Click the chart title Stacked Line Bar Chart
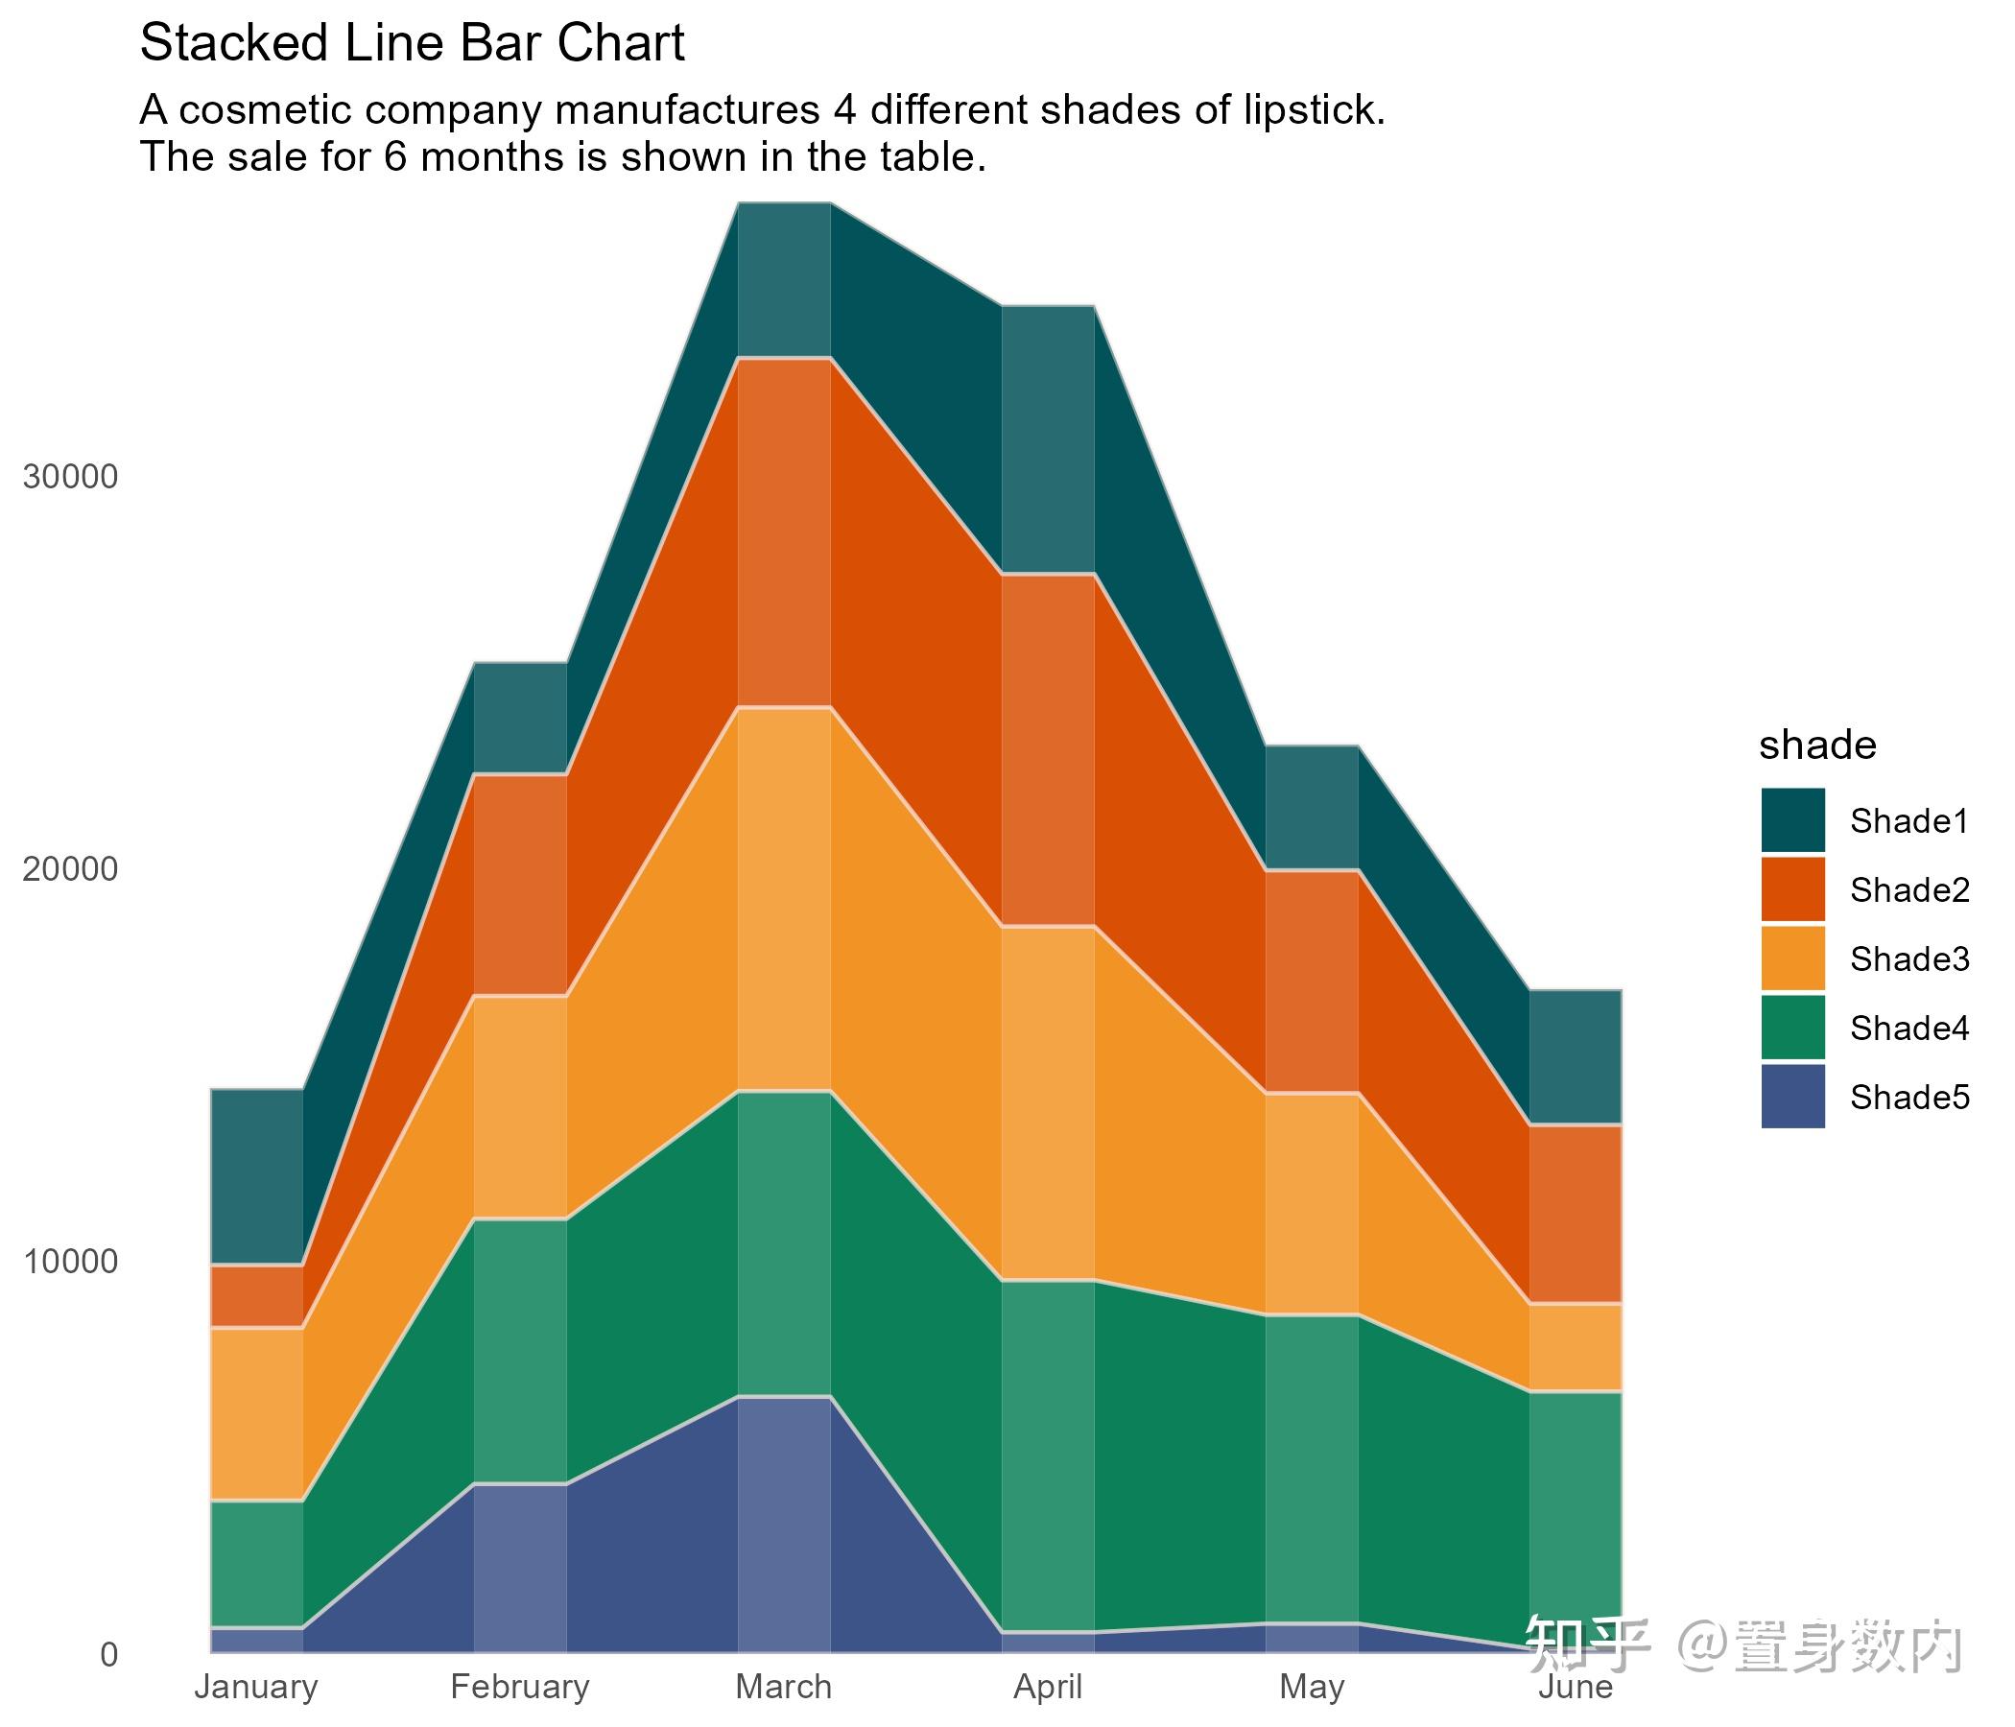click(413, 45)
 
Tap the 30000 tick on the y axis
click(70, 478)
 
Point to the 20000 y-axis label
click(70, 869)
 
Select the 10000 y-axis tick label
click(70, 1263)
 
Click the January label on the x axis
click(257, 1686)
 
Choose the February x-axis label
click(520, 1686)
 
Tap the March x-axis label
click(784, 1686)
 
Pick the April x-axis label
click(1049, 1686)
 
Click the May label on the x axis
click(1312, 1686)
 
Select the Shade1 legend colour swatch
click(1792, 820)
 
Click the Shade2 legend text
click(1909, 890)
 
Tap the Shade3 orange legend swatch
click(1792, 958)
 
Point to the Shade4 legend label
click(1909, 1029)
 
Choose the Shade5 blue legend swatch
click(1792, 1097)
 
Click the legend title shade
click(1816, 745)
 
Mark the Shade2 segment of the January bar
click(257, 1296)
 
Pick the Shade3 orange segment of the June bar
click(1576, 1347)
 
